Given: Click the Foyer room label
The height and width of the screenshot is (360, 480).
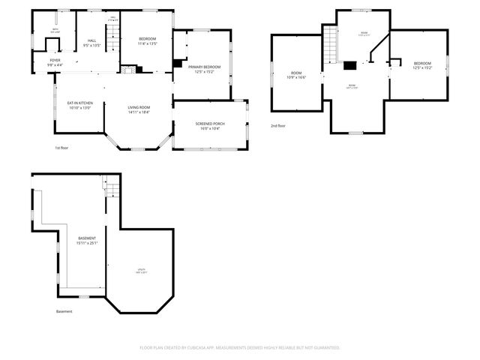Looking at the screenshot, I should (55, 62).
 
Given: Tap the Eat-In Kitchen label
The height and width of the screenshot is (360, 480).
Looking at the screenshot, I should (79, 105).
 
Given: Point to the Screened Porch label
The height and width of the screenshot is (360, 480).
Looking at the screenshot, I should (209, 126).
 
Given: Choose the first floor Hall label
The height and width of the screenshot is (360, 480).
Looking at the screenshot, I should (91, 42).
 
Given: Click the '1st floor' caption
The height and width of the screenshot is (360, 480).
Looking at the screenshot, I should (63, 148).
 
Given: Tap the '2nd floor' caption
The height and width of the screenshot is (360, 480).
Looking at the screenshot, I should (278, 125).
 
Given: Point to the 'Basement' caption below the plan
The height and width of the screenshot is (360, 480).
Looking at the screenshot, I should (64, 311).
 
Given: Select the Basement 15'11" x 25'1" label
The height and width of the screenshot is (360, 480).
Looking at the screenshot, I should (87, 240).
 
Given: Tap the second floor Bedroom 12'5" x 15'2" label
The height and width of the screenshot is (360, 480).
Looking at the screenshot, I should (421, 65).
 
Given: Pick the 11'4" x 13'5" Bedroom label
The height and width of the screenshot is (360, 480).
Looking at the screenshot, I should (147, 41).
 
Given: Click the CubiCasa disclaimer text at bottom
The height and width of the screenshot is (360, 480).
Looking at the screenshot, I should (240, 347).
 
